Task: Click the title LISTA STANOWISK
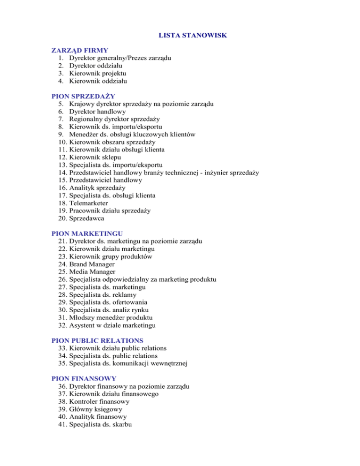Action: (x=180, y=35)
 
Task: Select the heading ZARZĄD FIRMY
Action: (x=80, y=50)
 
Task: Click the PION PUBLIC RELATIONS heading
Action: (x=97, y=340)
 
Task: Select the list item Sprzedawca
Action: (x=86, y=218)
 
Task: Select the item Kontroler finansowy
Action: (x=99, y=402)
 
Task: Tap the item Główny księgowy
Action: (x=96, y=409)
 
